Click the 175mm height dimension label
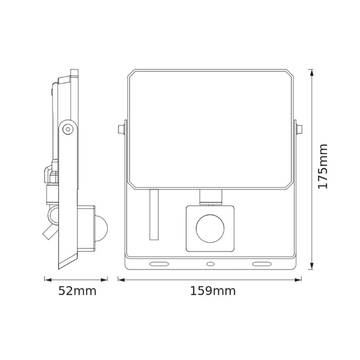coord(322,166)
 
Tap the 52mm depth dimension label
coord(77,291)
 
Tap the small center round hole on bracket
coord(210,264)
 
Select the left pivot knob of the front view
coord(120,128)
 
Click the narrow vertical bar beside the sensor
coord(153,214)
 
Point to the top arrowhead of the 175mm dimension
coord(312,70)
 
